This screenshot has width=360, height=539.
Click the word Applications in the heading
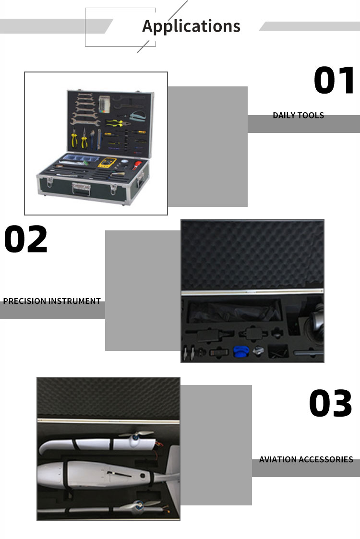[191, 26]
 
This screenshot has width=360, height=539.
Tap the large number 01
[334, 80]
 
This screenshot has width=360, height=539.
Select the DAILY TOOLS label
[299, 115]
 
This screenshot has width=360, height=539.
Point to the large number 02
[26, 239]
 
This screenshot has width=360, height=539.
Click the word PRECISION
[24, 301]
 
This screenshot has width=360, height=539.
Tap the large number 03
[330, 403]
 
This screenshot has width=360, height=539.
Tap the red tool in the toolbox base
[137, 164]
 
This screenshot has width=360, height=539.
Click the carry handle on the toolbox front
[81, 189]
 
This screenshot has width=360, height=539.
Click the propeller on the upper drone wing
[137, 437]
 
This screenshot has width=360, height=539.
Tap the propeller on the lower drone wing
[139, 504]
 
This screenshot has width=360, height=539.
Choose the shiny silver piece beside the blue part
[258, 351]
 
